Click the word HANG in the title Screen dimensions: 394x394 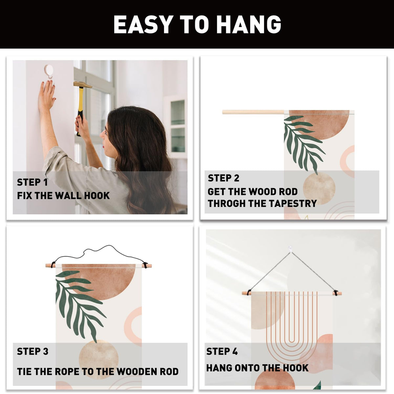[249, 24]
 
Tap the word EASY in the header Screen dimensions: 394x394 [142, 24]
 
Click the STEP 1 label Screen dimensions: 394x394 [32, 182]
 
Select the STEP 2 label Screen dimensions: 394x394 [224, 178]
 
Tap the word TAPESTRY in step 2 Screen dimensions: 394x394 [293, 204]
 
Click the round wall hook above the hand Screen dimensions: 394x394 [49, 71]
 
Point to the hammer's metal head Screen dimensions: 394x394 [83, 84]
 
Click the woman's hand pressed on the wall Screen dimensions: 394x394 [47, 95]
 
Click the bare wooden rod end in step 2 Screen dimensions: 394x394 [253, 112]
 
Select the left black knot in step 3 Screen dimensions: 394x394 [53, 265]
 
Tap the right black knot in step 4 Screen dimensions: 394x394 [336, 293]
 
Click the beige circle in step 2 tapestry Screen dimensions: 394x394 [319, 188]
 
